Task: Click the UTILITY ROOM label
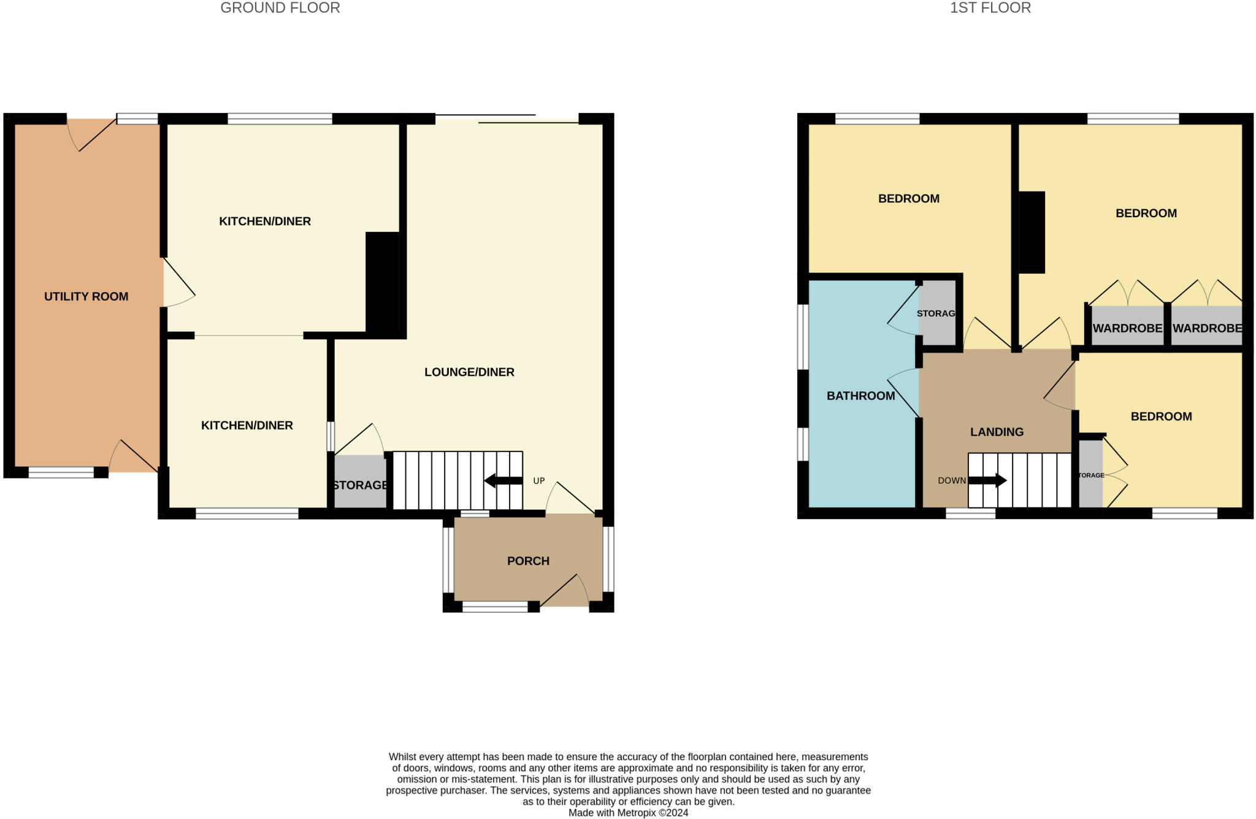(x=86, y=296)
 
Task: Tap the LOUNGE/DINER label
(x=469, y=372)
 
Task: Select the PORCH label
(x=528, y=561)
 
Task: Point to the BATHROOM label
(x=860, y=396)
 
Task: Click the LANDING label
(x=997, y=432)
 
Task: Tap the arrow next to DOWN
(x=987, y=480)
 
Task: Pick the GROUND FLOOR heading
(x=280, y=8)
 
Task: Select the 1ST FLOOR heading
(x=990, y=8)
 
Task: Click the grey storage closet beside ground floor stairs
(x=360, y=482)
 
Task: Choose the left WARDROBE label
(x=1127, y=328)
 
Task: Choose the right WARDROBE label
(x=1207, y=328)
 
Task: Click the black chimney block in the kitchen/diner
(x=383, y=282)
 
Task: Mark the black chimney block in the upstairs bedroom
(x=1032, y=233)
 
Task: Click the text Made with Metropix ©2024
(x=628, y=813)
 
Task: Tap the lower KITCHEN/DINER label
(x=247, y=425)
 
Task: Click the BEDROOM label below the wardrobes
(x=1161, y=417)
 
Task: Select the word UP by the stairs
(x=538, y=481)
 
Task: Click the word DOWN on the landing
(x=951, y=480)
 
